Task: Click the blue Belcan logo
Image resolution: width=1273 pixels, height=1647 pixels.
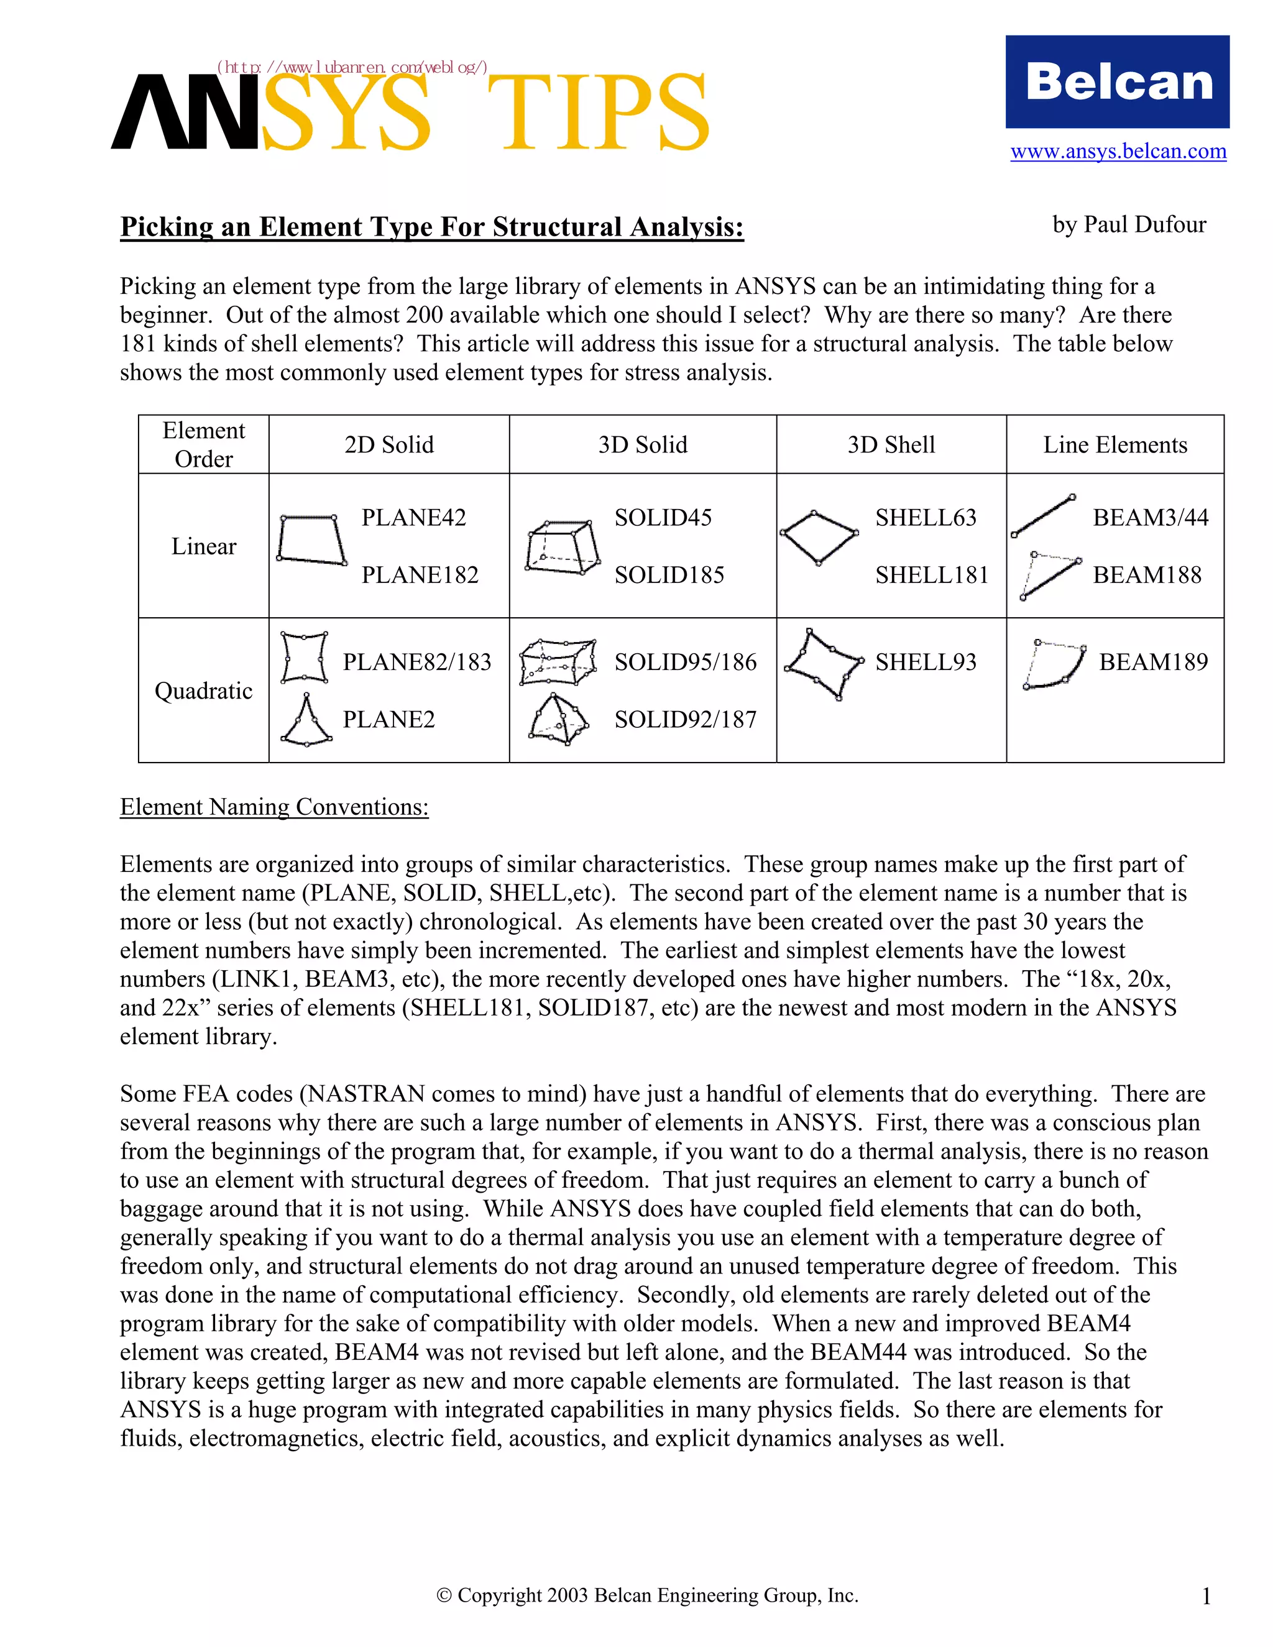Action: pos(1117,81)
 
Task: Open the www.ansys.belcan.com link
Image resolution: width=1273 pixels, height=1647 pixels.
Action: pos(1118,152)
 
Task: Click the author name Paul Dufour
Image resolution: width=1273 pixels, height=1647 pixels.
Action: pos(1129,225)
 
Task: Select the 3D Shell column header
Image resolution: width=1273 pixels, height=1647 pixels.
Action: pos(891,445)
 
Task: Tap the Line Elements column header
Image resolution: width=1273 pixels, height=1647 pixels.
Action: pos(1114,445)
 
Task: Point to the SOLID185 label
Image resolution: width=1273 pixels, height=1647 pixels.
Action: pos(669,576)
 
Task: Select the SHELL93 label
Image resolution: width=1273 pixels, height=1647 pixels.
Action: pos(926,662)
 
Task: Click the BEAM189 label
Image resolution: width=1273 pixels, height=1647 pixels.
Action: pos(1153,662)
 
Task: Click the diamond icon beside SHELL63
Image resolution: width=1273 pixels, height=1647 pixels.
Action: pos(819,537)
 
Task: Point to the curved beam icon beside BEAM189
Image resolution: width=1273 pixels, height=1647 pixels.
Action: pos(1054,665)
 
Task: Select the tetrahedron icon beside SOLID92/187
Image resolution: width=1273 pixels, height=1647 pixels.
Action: pos(559,720)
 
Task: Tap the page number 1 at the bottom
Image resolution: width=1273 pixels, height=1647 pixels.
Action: pos(1206,1597)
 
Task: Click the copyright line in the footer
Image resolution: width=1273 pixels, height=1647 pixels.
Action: pos(647,1595)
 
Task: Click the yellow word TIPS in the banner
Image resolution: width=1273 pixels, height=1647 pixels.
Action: pos(604,113)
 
